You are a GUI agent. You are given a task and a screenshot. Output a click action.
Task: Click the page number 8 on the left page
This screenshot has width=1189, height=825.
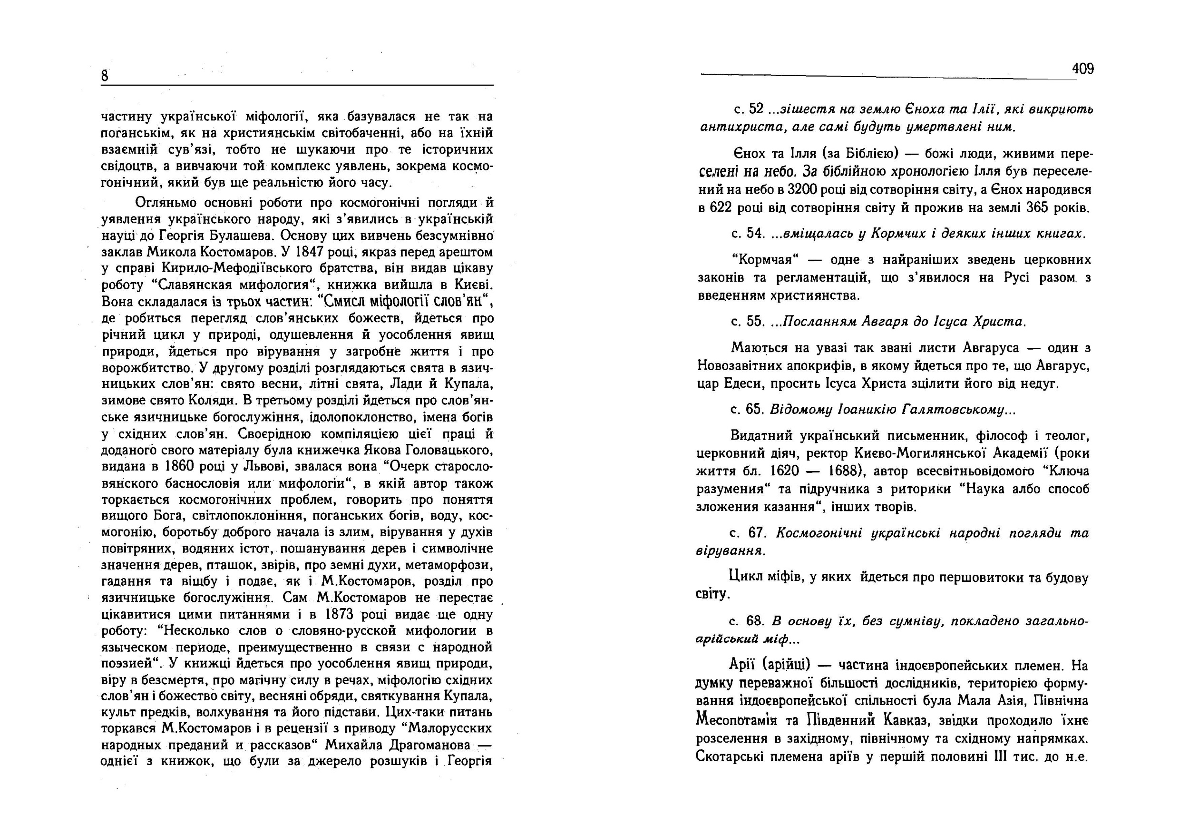point(104,76)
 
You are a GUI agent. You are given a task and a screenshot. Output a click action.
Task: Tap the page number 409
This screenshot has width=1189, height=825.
point(1082,69)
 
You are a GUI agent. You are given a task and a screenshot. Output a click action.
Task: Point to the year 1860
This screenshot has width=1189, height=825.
point(179,467)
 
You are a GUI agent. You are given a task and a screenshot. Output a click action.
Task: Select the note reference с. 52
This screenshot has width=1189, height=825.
point(748,109)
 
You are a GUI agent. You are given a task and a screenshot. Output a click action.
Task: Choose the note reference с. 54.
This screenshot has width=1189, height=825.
point(748,234)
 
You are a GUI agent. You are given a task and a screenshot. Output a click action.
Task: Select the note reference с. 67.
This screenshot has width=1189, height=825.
point(748,533)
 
